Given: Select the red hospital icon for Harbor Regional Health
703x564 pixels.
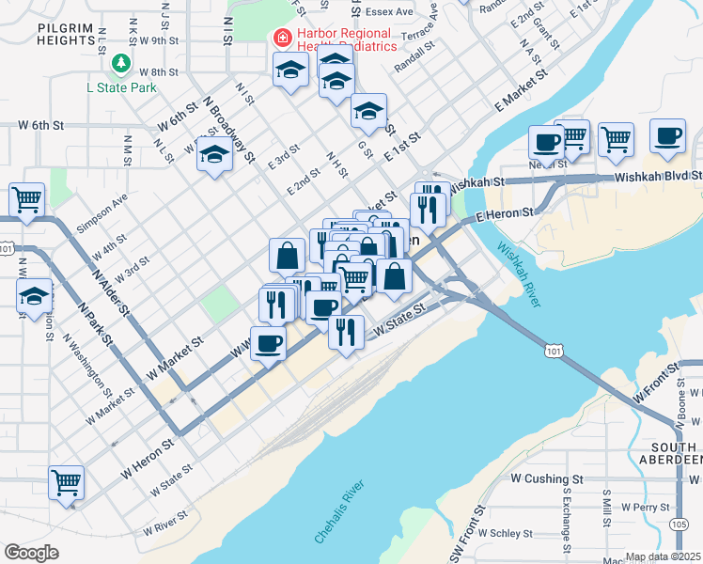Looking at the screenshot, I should (279, 39).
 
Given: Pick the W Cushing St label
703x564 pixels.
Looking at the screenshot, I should (547, 478).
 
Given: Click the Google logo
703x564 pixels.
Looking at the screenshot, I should (31, 552).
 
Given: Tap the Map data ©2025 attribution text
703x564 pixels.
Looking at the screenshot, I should (664, 556).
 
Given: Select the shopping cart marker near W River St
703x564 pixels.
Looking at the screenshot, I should (66, 483).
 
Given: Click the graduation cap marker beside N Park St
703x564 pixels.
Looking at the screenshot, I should (34, 295).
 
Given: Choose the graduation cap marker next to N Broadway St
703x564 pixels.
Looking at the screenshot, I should (214, 155).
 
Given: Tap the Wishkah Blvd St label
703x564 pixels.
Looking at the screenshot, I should (658, 176).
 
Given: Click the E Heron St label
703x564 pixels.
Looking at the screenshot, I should (505, 215).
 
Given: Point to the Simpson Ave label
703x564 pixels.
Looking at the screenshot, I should (102, 213).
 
